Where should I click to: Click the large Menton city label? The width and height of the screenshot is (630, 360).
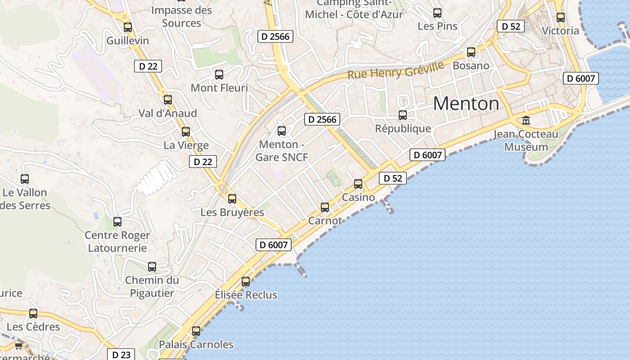pos(466,104)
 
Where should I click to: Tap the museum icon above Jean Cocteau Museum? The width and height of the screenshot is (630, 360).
pos(526,120)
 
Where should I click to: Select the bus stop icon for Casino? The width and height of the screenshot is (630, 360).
pos(358,184)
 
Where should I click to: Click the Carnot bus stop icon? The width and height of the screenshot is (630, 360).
pos(325,207)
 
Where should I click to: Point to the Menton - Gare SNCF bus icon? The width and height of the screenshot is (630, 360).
pos(282,131)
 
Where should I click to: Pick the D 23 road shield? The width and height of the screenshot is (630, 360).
pos(121,355)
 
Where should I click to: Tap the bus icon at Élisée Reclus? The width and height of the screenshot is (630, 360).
pos(246,282)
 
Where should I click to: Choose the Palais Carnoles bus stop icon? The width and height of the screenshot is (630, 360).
pos(196,331)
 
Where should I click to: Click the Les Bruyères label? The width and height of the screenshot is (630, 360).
pos(232,212)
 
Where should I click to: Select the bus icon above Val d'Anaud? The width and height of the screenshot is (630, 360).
pos(168,100)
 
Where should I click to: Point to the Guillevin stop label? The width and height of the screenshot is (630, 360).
pos(128,40)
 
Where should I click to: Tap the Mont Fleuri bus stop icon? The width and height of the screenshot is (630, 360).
pos(219,75)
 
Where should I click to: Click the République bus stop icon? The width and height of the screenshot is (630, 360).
pos(403,115)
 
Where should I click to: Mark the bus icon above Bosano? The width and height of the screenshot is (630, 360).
pos(471,52)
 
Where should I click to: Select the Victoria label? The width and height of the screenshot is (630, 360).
pos(560,31)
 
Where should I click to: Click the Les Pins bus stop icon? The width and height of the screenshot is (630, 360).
pos(437,13)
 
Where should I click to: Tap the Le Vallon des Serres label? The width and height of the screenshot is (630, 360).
pos(25,199)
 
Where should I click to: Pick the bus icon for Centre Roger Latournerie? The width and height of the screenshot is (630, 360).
pos(117,222)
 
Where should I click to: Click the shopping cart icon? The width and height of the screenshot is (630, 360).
pos(18,346)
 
